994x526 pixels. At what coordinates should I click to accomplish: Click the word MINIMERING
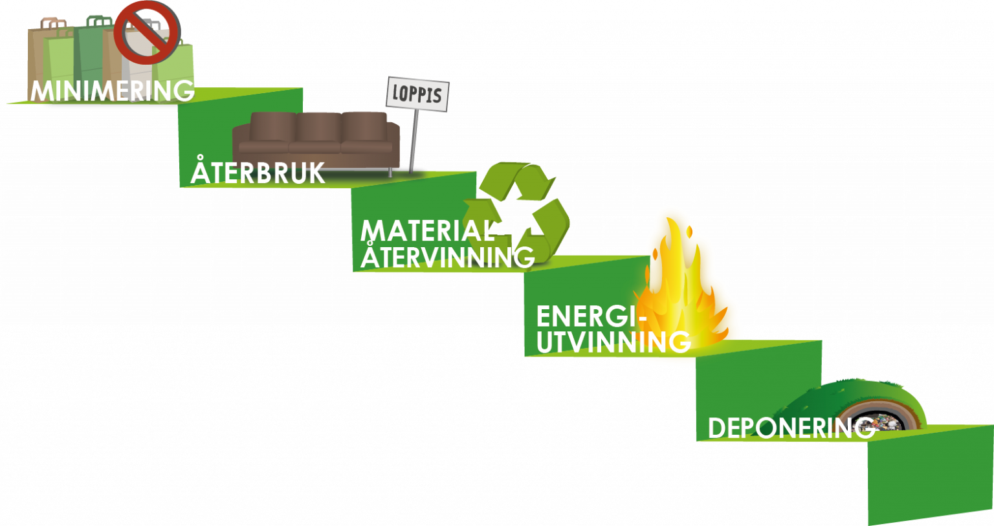[x=112, y=91]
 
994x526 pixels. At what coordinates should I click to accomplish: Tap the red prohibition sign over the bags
[x=147, y=32]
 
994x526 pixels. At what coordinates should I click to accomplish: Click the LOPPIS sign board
[x=417, y=94]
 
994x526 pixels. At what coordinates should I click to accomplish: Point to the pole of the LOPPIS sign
[x=414, y=141]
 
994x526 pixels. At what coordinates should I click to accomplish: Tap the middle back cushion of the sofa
[x=318, y=127]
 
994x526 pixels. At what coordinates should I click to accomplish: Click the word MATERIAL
[x=427, y=230]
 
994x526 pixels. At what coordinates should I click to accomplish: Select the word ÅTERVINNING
[x=447, y=256]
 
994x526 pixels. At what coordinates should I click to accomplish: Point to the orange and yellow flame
[x=681, y=289]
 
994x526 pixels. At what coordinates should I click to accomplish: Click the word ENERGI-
[x=591, y=316]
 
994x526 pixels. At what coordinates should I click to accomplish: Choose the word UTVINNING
[x=613, y=342]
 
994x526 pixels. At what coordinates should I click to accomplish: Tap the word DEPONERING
[x=791, y=428]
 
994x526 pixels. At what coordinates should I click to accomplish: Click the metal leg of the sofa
[x=390, y=173]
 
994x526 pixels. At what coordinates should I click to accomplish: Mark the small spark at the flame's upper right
[x=689, y=232]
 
